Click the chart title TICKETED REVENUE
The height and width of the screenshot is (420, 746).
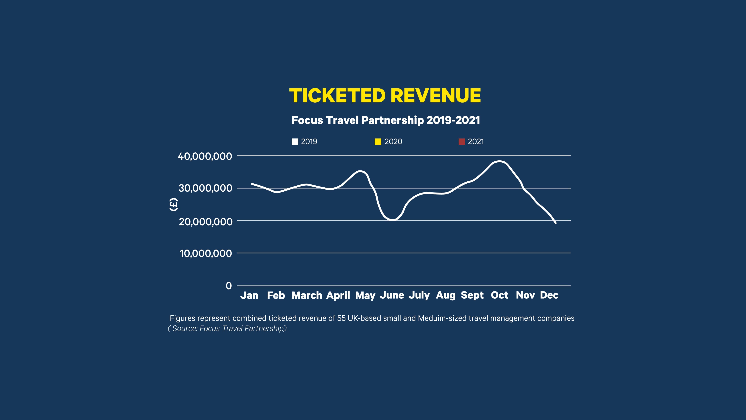pyautogui.click(x=385, y=96)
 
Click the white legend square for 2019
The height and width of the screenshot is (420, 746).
pyautogui.click(x=295, y=142)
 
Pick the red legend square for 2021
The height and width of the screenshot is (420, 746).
pyautogui.click(x=462, y=142)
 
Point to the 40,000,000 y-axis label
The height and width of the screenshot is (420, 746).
pyautogui.click(x=205, y=157)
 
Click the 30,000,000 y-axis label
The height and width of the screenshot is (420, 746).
pyautogui.click(x=205, y=188)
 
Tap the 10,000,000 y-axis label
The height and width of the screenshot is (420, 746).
pyautogui.click(x=206, y=254)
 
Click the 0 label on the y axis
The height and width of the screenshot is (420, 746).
pyautogui.click(x=229, y=286)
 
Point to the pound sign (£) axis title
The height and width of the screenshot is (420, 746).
pyautogui.click(x=173, y=205)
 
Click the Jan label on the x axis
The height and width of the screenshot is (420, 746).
pyautogui.click(x=249, y=295)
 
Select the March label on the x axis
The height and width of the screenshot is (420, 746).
pyautogui.click(x=307, y=295)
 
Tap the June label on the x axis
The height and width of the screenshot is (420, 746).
pyautogui.click(x=392, y=295)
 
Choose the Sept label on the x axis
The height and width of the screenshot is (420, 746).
pyautogui.click(x=472, y=295)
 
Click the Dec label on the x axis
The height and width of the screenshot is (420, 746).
pyautogui.click(x=549, y=295)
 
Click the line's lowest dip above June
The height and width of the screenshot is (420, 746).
pyautogui.click(x=392, y=220)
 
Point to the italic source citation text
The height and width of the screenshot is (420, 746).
pyautogui.click(x=227, y=328)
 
